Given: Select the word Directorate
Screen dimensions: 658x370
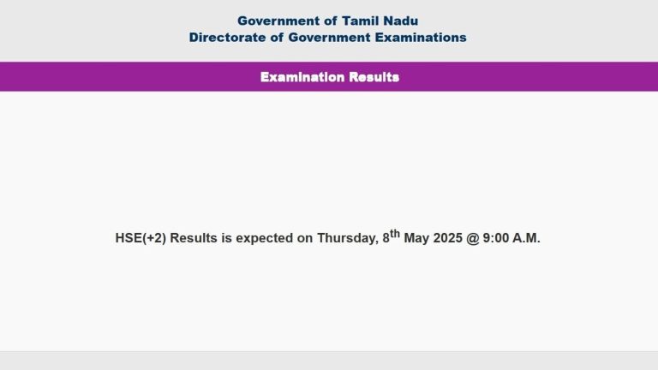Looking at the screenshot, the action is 227,38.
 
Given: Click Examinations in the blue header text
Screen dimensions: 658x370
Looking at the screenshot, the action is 421,38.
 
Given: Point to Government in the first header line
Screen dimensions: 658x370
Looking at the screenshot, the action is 278,21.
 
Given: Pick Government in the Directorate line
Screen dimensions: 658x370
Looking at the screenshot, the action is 329,38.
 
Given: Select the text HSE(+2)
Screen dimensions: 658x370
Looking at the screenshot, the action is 141,238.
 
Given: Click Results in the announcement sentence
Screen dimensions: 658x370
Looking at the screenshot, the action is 194,238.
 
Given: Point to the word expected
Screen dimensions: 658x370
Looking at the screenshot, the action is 265,239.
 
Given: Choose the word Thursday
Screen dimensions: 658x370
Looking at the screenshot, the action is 348,239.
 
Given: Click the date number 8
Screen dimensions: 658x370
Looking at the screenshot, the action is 386,238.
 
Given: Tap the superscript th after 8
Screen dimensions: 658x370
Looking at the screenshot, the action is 395,233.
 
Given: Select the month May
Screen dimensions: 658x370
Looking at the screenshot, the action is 416,239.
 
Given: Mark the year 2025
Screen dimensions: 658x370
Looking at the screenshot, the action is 448,238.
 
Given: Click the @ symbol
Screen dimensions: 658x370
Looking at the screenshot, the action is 473,238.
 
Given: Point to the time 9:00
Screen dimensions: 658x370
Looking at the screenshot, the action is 495,238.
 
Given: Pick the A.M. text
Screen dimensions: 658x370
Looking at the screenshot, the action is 526,238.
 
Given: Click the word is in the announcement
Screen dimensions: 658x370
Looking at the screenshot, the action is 226,238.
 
